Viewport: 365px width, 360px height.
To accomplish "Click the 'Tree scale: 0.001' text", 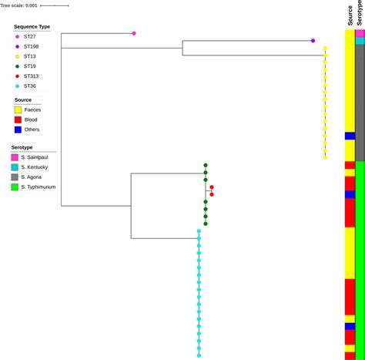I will pos(18,5).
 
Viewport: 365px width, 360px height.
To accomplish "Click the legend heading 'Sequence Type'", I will pos(32,48).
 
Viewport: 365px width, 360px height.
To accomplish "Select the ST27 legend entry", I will pos(30,58).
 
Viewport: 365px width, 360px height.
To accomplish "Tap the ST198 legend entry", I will pos(32,67).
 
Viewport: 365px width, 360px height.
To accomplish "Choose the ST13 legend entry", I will pos(30,76).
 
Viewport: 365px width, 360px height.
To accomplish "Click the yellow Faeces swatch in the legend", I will pos(18,131).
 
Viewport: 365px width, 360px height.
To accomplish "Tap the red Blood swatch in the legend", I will pos(18,141).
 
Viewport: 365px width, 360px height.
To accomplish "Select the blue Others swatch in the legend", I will pos(18,151).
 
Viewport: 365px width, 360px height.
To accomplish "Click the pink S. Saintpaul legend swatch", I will pos(15,178).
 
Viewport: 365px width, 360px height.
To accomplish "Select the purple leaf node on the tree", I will pos(313,41).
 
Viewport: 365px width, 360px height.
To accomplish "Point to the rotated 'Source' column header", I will pos(350,15).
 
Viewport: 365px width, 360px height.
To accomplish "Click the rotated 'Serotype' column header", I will pos(360,14).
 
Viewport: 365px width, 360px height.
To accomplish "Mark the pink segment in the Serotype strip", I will pos(360,33).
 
